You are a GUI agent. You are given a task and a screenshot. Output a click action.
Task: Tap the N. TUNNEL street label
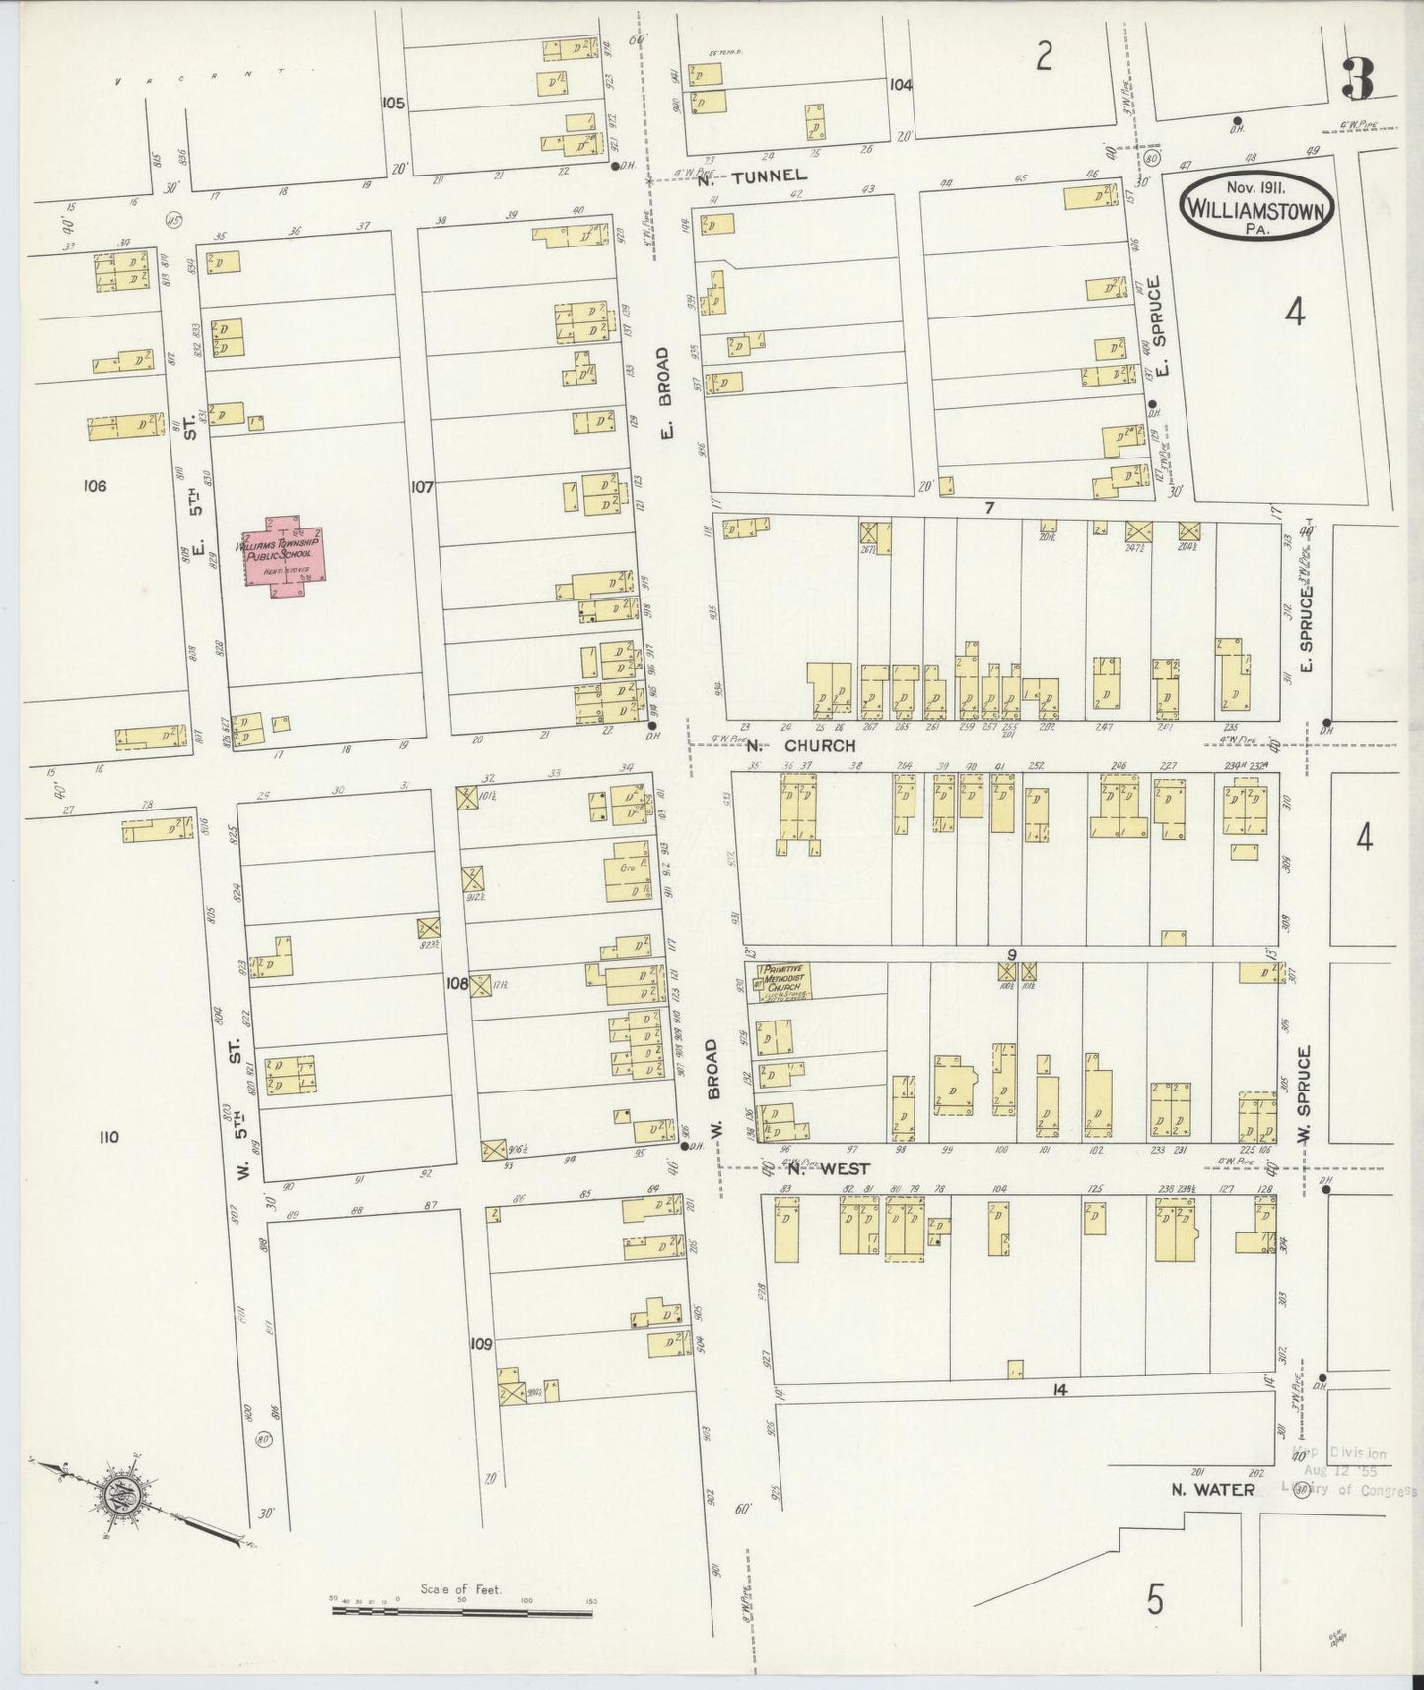[752, 175]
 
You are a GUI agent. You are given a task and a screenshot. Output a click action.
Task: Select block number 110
[108, 1137]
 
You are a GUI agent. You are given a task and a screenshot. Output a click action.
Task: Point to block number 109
[481, 1343]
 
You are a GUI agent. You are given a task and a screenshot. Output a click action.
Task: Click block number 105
[393, 103]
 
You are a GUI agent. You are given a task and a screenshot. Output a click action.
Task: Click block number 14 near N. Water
[1059, 1390]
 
